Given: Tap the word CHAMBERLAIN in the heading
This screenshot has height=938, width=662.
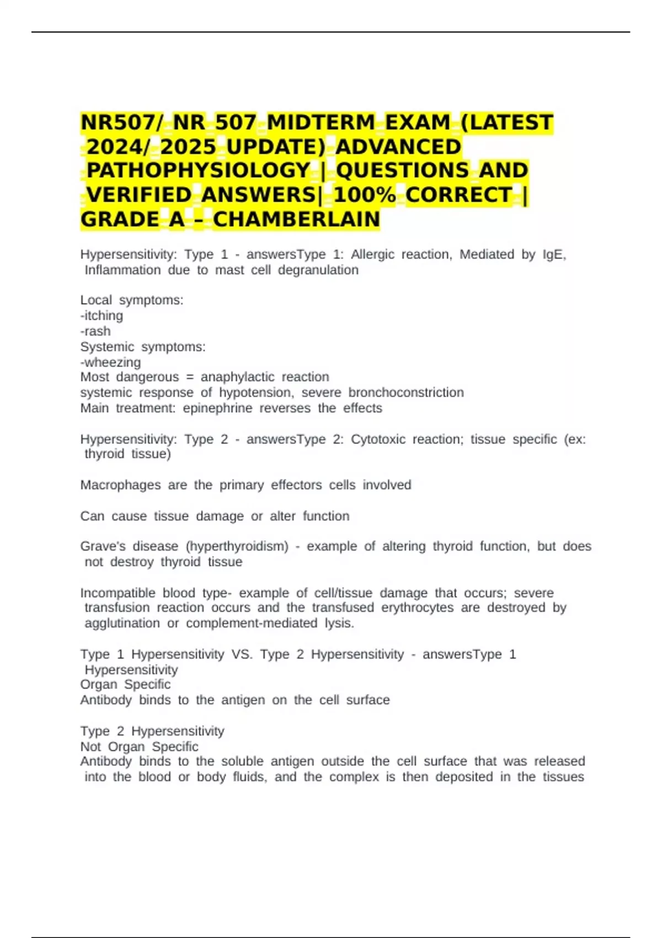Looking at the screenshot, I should click(296, 220).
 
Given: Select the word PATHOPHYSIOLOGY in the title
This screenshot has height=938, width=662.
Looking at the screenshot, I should click(199, 170).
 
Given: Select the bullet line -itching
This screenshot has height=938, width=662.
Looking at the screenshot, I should click(102, 316).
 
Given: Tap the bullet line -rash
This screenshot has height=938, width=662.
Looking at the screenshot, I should click(95, 331).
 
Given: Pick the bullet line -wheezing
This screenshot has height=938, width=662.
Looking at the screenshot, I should click(110, 363).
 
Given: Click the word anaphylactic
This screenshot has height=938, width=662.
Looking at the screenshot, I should click(237, 377).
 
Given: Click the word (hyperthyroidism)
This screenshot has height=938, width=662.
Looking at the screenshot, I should click(237, 546).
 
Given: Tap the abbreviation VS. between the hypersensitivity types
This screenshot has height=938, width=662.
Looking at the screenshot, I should click(242, 654).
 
